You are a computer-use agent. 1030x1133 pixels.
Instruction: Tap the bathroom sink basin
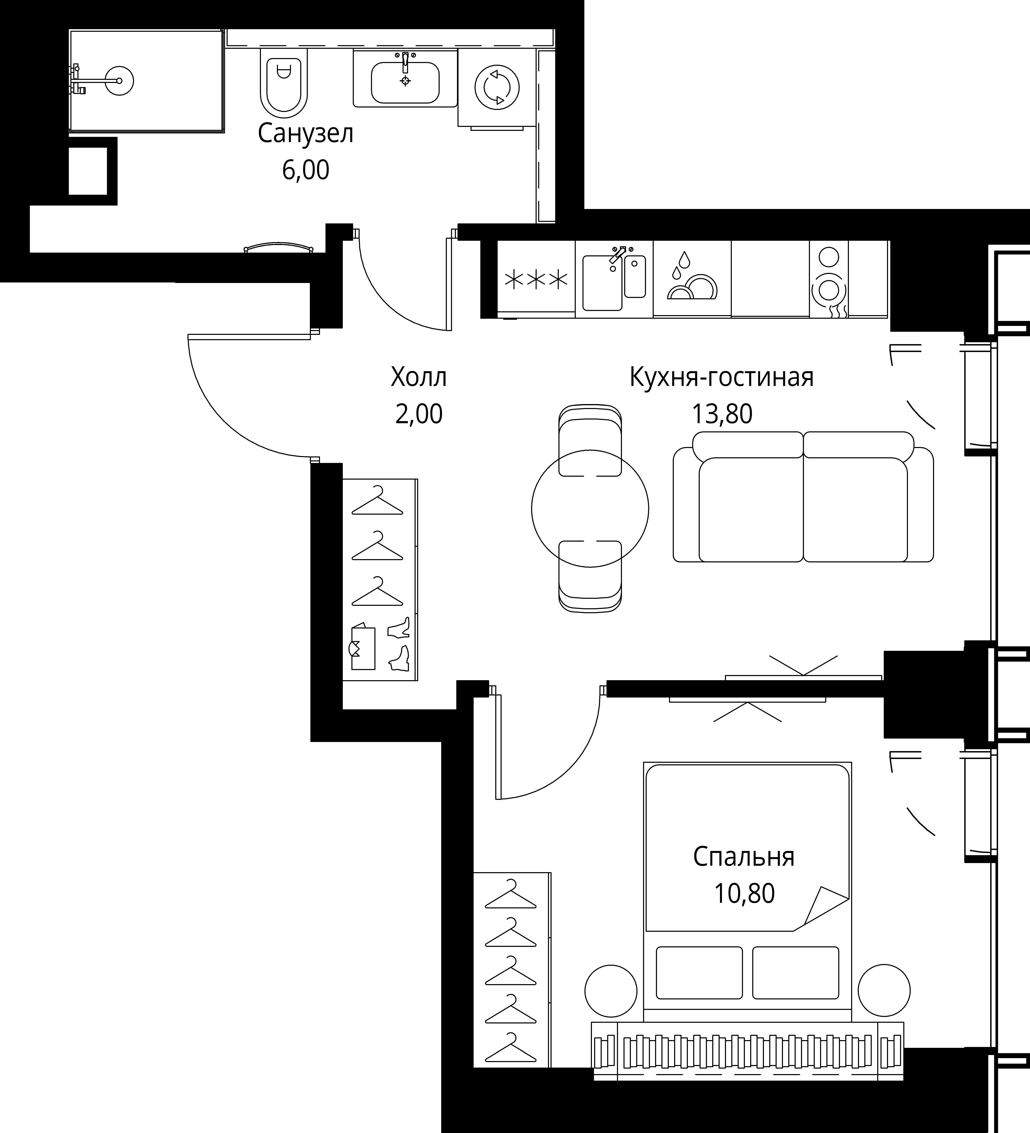[x=405, y=83]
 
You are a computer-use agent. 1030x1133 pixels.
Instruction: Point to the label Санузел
[x=306, y=134]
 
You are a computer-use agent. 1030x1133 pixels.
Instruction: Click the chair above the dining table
[x=591, y=440]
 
